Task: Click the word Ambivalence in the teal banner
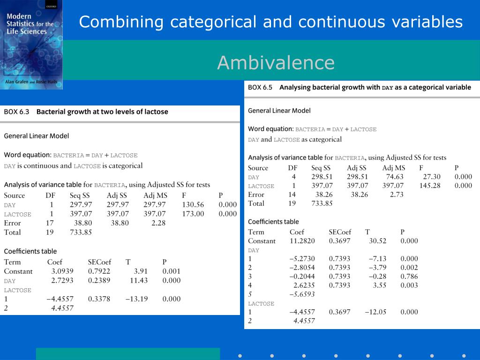[276, 63]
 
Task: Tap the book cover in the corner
[31, 45]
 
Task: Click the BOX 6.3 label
[16, 112]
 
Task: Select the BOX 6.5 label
[260, 87]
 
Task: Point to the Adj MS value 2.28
[158, 223]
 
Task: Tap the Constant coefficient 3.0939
[62, 271]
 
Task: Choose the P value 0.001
[171, 271]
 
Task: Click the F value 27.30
[432, 177]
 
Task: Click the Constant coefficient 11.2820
[302, 241]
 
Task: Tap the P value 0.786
[409, 277]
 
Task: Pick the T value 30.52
[377, 241]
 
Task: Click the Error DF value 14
[292, 195]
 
